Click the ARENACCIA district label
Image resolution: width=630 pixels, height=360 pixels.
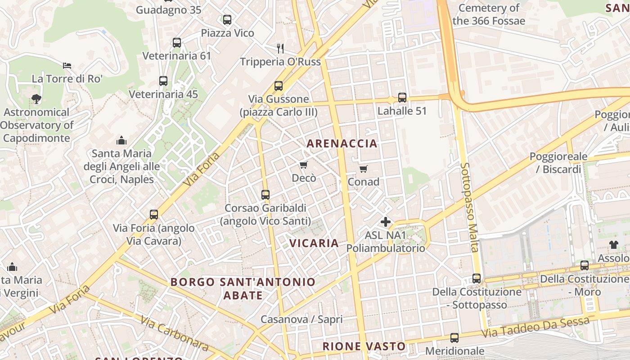click(342, 144)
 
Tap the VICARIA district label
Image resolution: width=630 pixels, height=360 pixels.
click(314, 243)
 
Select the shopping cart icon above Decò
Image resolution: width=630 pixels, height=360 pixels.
click(304, 165)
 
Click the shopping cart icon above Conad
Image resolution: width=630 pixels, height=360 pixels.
click(364, 169)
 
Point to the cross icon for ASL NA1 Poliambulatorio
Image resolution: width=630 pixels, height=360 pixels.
click(386, 221)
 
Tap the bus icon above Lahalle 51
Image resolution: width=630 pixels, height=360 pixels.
click(402, 97)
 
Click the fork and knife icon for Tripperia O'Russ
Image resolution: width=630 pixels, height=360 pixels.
click(280, 48)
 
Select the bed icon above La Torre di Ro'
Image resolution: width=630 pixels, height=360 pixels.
click(67, 65)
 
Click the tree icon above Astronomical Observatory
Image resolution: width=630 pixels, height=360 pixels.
click(36, 99)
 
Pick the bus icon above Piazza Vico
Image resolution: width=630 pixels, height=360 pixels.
click(227, 20)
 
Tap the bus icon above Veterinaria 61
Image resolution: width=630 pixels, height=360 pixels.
click(177, 43)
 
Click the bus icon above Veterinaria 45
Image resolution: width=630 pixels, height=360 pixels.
click(163, 81)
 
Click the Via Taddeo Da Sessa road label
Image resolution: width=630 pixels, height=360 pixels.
click(535, 327)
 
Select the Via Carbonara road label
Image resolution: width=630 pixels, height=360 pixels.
click(174, 333)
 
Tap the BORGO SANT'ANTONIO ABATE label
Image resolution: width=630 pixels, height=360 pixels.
click(243, 288)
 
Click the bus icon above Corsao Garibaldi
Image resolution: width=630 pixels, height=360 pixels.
click(265, 195)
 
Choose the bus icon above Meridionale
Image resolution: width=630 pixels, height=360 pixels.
click(454, 337)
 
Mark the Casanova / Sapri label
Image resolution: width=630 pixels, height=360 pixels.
click(301, 319)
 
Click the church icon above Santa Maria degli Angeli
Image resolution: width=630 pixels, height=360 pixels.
click(121, 140)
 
